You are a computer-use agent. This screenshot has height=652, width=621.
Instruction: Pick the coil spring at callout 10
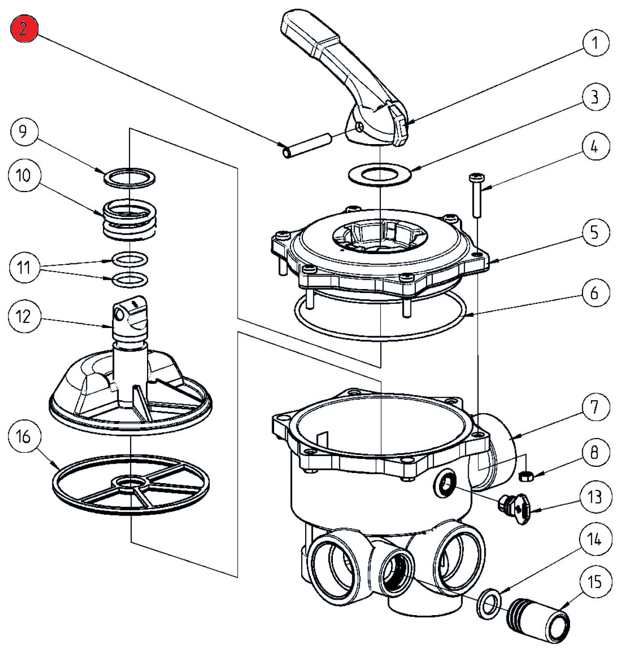[x=130, y=220]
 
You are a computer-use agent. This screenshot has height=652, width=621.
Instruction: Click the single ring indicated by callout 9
[x=130, y=177]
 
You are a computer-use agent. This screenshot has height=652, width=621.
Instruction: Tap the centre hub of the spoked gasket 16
[x=130, y=483]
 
